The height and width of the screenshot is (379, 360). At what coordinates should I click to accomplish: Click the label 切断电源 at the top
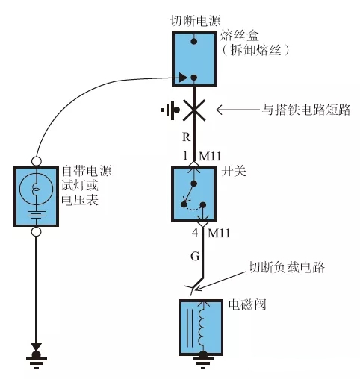click(x=195, y=21)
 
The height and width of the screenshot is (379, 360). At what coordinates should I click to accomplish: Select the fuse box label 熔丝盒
click(x=240, y=36)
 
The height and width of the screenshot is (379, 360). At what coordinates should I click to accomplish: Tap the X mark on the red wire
click(x=194, y=110)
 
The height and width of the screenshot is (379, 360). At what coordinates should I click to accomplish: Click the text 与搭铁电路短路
click(x=306, y=110)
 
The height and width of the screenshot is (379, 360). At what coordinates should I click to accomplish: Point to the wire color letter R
click(x=187, y=137)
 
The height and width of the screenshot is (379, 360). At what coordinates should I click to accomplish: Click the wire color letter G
click(x=195, y=256)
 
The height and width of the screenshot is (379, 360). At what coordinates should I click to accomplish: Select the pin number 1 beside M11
click(x=185, y=156)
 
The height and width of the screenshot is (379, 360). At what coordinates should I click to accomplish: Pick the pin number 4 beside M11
click(x=195, y=233)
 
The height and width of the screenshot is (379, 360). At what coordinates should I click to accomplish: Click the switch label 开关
click(x=234, y=171)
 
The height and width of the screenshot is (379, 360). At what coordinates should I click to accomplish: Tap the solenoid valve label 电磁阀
click(x=247, y=304)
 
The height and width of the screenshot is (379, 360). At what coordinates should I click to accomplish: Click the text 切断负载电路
click(x=286, y=267)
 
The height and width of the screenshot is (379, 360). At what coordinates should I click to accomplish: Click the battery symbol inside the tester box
click(x=37, y=215)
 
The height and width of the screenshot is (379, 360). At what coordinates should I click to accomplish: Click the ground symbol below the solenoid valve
click(x=203, y=360)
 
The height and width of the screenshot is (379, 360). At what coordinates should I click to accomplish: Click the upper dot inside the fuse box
click(x=194, y=41)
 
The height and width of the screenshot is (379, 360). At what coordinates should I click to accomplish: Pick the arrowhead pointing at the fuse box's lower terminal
click(x=183, y=78)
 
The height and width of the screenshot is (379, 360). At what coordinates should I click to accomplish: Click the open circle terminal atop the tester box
click(x=37, y=161)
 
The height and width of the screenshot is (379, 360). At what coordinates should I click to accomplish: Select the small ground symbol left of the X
click(x=170, y=110)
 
